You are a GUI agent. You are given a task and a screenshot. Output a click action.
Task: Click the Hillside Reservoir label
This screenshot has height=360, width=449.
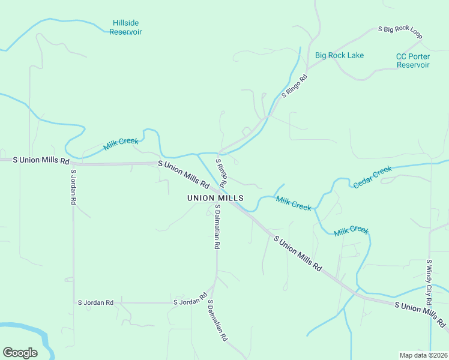[x=125, y=28]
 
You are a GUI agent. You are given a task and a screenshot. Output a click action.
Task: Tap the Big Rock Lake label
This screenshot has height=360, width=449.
[x=339, y=56]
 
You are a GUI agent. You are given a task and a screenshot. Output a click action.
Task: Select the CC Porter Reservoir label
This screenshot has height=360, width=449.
[x=413, y=61]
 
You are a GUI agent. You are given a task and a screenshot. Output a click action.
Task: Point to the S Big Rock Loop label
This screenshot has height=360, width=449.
[x=400, y=32]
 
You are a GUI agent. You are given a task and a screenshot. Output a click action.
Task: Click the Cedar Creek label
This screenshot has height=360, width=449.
[x=372, y=177]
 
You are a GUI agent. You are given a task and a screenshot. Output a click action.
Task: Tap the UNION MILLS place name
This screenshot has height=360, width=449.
[x=215, y=198]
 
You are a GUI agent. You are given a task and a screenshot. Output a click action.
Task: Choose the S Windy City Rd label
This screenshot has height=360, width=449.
[x=429, y=282]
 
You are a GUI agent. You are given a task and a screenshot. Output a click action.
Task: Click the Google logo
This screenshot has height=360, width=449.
[x=20, y=353]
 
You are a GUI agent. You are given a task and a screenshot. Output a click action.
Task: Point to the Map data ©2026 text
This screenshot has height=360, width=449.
[x=423, y=355]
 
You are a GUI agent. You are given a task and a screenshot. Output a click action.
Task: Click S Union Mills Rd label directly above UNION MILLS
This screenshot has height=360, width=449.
[x=184, y=173]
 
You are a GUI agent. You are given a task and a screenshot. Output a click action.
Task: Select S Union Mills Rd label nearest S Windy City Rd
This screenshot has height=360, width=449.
[x=421, y=314]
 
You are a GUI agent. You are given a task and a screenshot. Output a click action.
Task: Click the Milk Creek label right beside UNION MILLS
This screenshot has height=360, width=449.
[x=294, y=203]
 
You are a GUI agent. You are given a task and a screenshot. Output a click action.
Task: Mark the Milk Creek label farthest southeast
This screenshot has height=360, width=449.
[x=351, y=230]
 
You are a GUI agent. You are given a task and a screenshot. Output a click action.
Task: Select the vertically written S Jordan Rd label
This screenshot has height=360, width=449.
[x=73, y=187]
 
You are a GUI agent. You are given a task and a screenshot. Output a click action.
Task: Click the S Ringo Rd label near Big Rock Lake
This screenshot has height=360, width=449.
[x=294, y=86]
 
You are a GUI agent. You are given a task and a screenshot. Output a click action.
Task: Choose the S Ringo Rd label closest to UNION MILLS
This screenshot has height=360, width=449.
[x=221, y=172]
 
